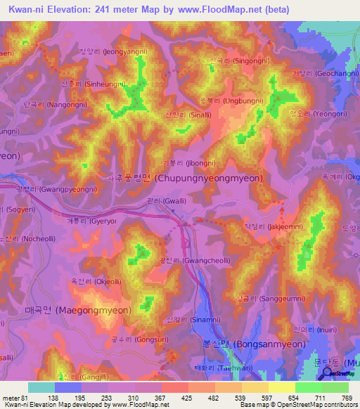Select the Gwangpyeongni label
pyautogui.click(x=56, y=190)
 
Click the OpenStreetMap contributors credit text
pyautogui.click(x=316, y=403)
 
